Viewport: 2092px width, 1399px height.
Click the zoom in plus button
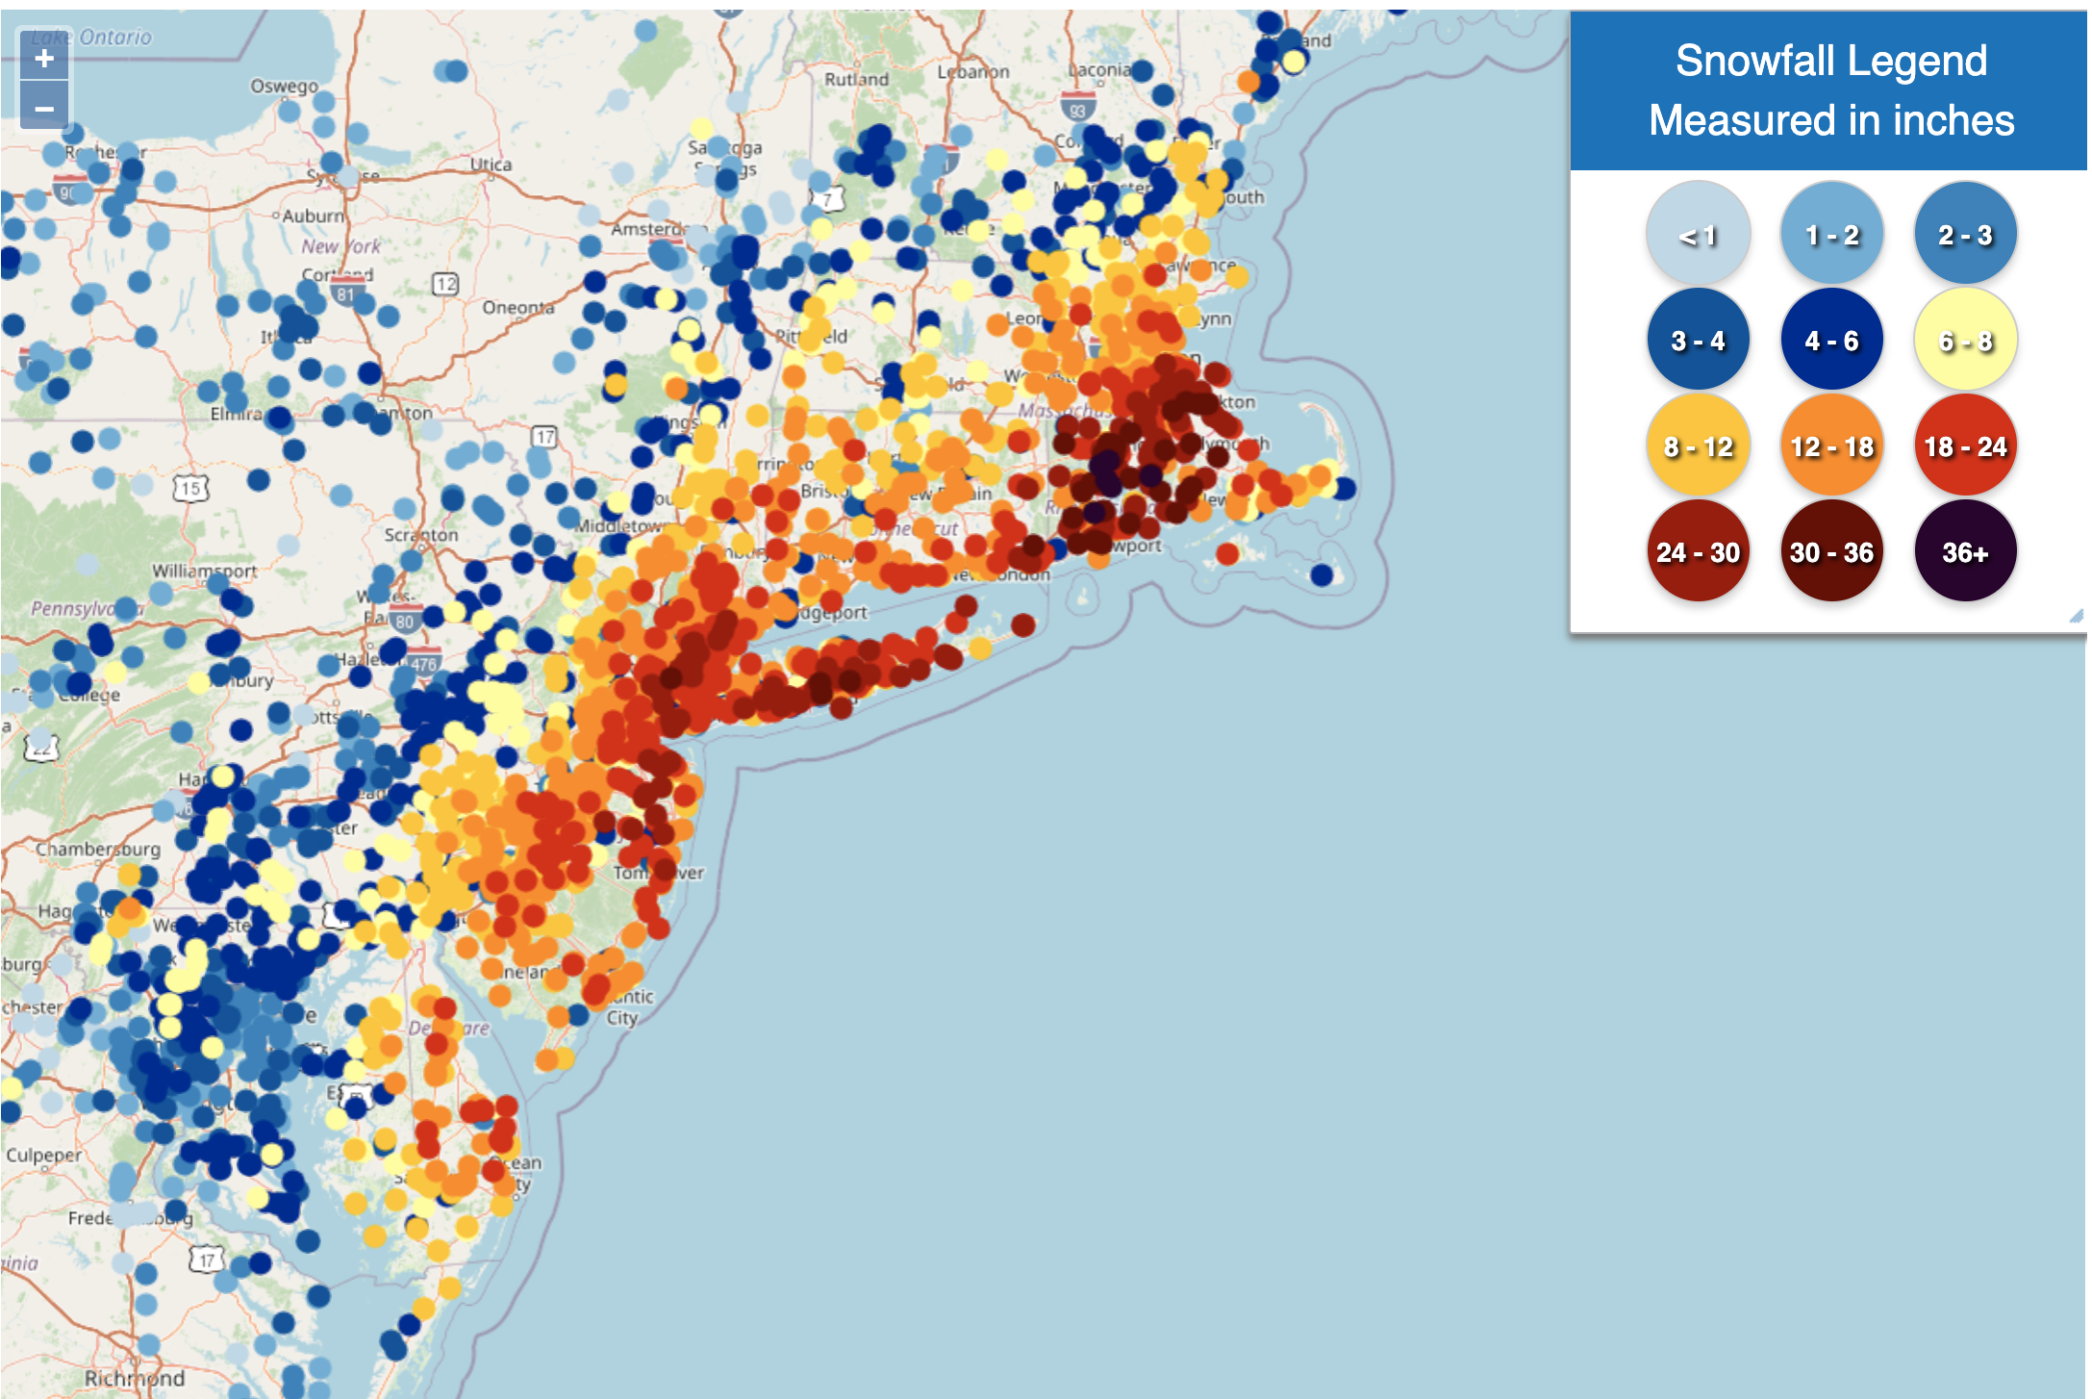[x=44, y=60]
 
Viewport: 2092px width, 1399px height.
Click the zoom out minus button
[x=44, y=108]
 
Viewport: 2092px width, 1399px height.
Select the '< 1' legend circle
[x=1698, y=234]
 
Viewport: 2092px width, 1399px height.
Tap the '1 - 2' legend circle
[x=1831, y=234]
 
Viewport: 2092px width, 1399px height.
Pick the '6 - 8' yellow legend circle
[x=1965, y=341]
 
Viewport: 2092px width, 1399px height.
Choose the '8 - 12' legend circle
[x=1698, y=446]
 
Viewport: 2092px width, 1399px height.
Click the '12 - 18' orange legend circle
[x=1831, y=446]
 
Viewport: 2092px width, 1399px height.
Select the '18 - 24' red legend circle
[x=1965, y=446]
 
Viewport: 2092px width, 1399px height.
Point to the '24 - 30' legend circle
[x=1698, y=552]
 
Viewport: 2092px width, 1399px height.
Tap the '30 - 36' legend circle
[x=1831, y=552]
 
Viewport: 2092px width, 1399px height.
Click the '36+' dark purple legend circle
[x=1965, y=552]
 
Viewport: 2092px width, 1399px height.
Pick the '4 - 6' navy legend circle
[x=1831, y=341]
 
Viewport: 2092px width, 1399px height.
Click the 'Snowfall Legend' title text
[x=1830, y=61]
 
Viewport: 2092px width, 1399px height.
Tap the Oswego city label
[x=284, y=86]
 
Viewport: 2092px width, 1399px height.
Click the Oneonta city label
[x=518, y=308]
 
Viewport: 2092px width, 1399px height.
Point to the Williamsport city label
[x=204, y=571]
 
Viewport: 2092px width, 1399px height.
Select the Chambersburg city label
[x=98, y=849]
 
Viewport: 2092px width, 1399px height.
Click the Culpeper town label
[x=44, y=1155]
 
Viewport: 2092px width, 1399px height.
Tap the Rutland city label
[x=856, y=79]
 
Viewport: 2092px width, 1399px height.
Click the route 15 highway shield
[x=190, y=488]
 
